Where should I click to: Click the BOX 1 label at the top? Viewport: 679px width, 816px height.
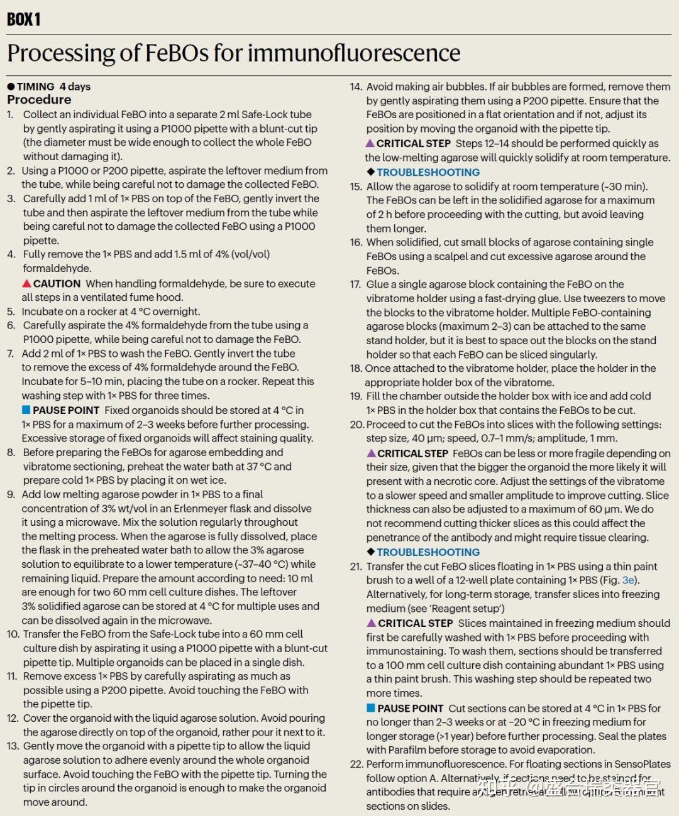coord(24,19)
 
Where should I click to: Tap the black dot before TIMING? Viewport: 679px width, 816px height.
coord(11,87)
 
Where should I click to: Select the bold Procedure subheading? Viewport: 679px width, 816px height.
coord(39,100)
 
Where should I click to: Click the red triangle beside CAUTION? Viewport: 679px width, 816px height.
coord(27,283)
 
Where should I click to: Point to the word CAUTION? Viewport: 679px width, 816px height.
coord(57,283)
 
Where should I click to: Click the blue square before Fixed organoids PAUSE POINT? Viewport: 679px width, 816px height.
coord(26,410)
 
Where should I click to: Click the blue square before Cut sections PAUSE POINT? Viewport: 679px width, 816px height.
coord(371,708)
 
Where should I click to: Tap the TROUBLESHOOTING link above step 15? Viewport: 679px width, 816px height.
coord(428,172)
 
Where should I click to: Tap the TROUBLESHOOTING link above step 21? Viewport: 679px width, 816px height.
coord(428,552)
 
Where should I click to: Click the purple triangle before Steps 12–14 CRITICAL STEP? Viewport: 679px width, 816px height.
coord(370,143)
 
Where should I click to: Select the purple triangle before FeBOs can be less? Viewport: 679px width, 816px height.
coord(371,453)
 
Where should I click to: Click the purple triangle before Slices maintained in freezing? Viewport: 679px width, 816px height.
coord(371,623)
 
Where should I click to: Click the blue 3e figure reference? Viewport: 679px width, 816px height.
coord(628,580)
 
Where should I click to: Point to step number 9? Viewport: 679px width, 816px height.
coord(11,494)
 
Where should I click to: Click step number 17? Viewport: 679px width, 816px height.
coord(355,284)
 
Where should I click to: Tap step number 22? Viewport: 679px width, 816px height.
coord(356,764)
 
